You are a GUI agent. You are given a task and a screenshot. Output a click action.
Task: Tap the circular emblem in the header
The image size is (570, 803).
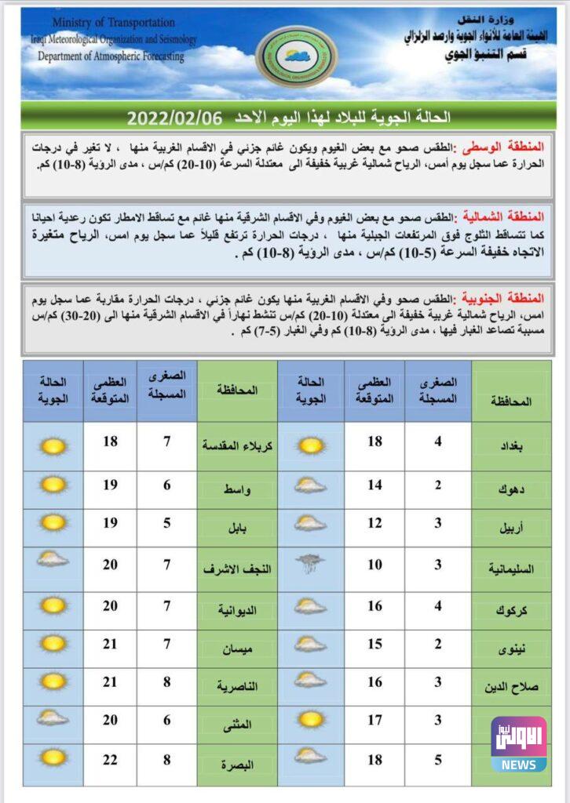[296, 56]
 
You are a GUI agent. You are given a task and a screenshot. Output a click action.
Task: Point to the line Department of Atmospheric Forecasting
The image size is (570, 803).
[111, 56]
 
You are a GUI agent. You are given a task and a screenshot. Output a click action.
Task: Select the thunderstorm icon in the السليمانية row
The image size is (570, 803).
[311, 563]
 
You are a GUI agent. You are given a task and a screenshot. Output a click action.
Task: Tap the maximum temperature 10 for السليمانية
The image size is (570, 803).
[375, 564]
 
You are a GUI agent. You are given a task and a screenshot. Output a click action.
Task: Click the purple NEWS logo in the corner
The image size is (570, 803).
[518, 744]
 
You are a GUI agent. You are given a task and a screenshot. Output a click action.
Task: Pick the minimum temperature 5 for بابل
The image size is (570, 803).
[166, 522]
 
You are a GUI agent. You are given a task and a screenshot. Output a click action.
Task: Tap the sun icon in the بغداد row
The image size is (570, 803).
[311, 445]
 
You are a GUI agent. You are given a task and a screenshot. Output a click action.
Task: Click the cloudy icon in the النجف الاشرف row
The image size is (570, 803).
[53, 559]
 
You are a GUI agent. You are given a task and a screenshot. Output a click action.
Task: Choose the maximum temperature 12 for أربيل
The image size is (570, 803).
[375, 522]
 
